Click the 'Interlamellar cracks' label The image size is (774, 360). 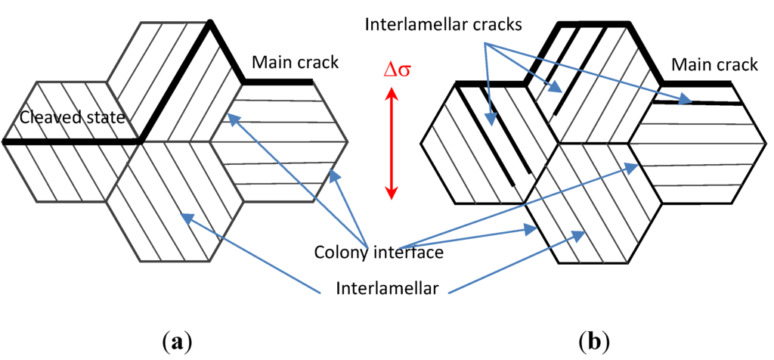pos(443,24)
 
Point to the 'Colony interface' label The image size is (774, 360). pos(378,252)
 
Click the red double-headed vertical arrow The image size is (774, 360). pos(391,144)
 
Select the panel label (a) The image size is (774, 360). pos(177,340)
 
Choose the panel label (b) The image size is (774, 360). pos(593,340)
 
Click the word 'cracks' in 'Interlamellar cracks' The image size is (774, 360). pos(494,24)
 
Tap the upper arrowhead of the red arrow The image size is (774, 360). pos(391,94)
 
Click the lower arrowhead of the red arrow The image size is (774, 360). pos(391,194)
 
